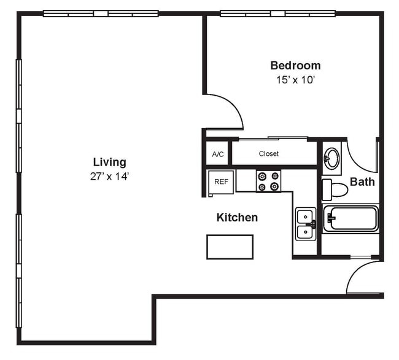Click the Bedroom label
click(x=295, y=66)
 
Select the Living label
click(x=109, y=162)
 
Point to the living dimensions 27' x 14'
click(x=109, y=176)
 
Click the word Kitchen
click(x=237, y=218)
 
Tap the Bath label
click(x=362, y=182)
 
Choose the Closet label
click(x=269, y=154)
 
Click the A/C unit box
click(x=217, y=154)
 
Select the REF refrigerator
click(x=221, y=182)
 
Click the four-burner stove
click(x=268, y=181)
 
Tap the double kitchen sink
click(x=305, y=224)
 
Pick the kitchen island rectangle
click(x=230, y=247)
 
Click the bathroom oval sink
click(x=331, y=158)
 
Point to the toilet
click(x=335, y=188)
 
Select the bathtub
click(x=351, y=218)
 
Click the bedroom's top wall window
click(x=277, y=13)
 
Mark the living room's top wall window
click(x=101, y=13)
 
